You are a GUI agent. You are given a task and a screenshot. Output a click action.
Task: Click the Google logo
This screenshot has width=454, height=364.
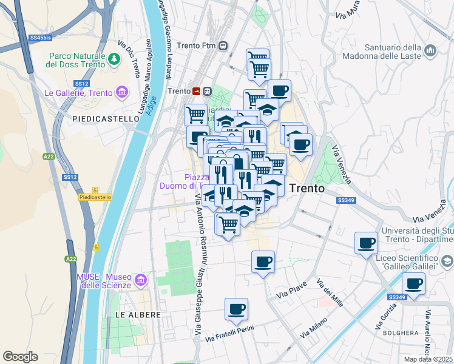[x=20, y=356]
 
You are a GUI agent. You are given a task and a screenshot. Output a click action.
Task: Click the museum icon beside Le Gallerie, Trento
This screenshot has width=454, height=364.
[x=123, y=93]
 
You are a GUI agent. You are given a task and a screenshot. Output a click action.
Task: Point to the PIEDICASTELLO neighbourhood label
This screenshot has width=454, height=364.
[x=106, y=119]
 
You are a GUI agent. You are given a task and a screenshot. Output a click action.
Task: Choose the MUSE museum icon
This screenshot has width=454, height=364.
[x=141, y=280]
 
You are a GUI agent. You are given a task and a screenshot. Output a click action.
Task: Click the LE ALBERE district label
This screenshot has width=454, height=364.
[x=138, y=315]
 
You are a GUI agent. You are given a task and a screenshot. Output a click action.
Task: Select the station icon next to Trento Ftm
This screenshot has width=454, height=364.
[x=224, y=45]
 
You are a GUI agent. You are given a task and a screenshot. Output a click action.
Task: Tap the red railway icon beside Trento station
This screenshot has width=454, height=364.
[x=197, y=91]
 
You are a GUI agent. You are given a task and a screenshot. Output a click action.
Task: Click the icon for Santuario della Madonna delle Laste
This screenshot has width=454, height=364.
[x=430, y=49]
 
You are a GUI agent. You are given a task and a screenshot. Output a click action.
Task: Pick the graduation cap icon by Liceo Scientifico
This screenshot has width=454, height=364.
[x=447, y=261]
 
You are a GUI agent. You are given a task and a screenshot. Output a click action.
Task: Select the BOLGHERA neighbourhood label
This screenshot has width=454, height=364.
[x=401, y=332]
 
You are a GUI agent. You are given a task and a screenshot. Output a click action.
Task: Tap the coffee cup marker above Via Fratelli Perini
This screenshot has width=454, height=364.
[x=236, y=309]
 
